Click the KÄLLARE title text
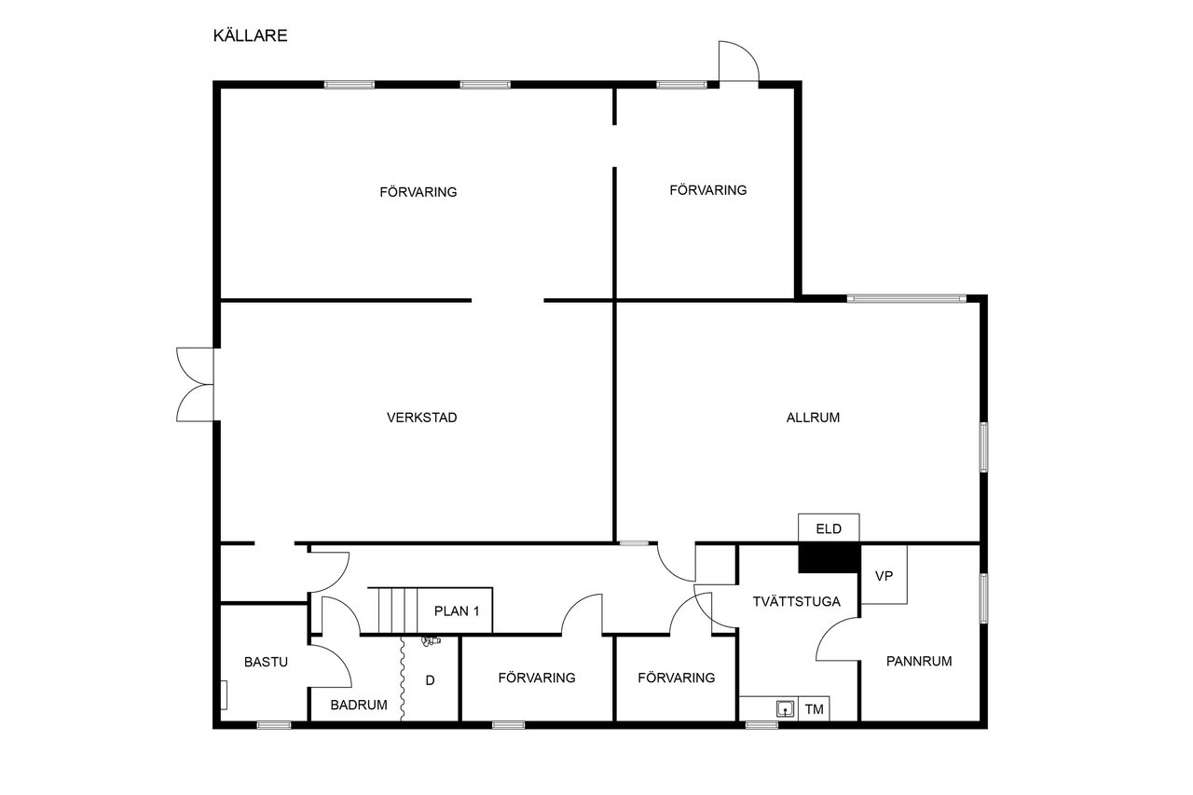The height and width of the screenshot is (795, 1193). (x=250, y=35)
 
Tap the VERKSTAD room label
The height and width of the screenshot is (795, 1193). (x=422, y=418)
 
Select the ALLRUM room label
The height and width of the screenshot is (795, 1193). (x=813, y=418)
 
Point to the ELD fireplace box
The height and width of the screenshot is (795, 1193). (x=829, y=528)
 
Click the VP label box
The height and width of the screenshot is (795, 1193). (x=884, y=575)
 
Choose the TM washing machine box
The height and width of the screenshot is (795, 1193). (x=814, y=708)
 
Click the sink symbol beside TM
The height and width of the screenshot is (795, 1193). (x=785, y=708)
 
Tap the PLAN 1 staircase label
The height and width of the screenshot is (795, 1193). (x=457, y=610)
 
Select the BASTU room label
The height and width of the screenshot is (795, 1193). (x=266, y=662)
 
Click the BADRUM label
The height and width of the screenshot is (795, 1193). (x=359, y=705)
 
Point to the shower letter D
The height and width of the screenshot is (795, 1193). (x=431, y=680)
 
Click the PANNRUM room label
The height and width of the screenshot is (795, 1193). (x=919, y=661)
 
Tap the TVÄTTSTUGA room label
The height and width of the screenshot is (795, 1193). (x=796, y=601)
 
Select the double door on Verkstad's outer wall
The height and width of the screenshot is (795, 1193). (x=195, y=385)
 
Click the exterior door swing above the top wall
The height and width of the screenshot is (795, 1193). (x=739, y=62)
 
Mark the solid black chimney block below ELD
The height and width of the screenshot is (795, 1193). (x=829, y=558)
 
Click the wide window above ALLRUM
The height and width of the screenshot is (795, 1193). (x=907, y=298)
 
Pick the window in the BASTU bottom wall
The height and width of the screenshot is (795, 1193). (x=274, y=725)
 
